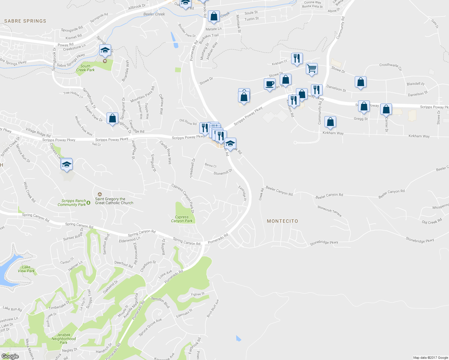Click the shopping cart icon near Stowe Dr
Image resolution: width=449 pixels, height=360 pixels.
click(x=312, y=69)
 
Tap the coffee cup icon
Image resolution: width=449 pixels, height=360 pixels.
click(x=270, y=84)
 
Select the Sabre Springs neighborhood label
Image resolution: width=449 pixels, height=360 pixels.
click(x=25, y=21)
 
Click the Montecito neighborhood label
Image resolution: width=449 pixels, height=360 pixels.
click(x=282, y=221)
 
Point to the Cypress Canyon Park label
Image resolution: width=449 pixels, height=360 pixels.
click(x=182, y=219)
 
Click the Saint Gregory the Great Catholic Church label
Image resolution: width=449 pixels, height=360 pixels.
click(x=114, y=201)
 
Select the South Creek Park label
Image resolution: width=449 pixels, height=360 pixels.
click(x=85, y=68)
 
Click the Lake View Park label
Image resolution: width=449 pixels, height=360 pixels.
click(x=26, y=269)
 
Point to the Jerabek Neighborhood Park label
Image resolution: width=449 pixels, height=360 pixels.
click(x=64, y=339)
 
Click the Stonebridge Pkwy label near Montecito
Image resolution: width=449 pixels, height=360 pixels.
click(x=324, y=243)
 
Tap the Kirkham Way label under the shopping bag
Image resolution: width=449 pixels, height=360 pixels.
click(x=333, y=133)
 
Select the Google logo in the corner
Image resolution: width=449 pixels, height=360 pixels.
click(x=10, y=356)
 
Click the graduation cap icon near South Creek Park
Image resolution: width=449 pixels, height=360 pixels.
click(x=105, y=50)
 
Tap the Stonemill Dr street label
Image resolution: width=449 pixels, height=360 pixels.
click(x=223, y=172)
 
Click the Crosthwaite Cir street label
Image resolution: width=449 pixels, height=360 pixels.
click(x=390, y=66)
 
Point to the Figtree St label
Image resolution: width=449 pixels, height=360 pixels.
click(x=198, y=294)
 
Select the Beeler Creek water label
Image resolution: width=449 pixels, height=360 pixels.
click(x=154, y=14)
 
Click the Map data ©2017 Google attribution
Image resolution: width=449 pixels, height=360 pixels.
click(x=430, y=357)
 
